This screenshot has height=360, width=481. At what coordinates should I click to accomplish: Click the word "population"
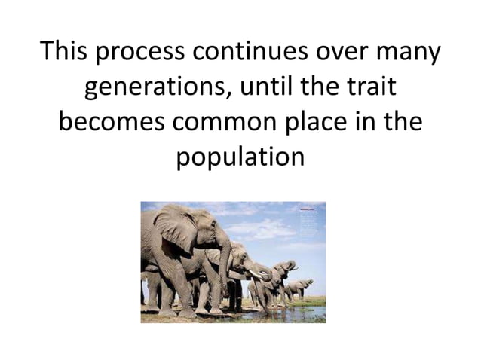tap(240, 159)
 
